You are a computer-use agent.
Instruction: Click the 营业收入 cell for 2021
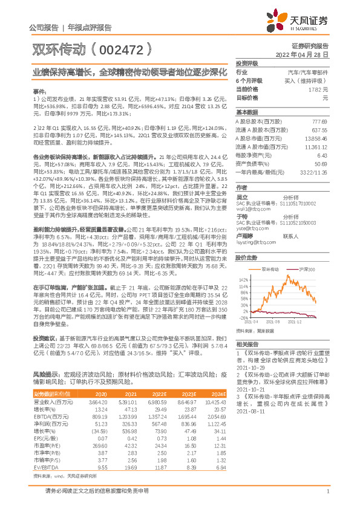128,402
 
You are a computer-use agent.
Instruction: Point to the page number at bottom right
327,498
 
